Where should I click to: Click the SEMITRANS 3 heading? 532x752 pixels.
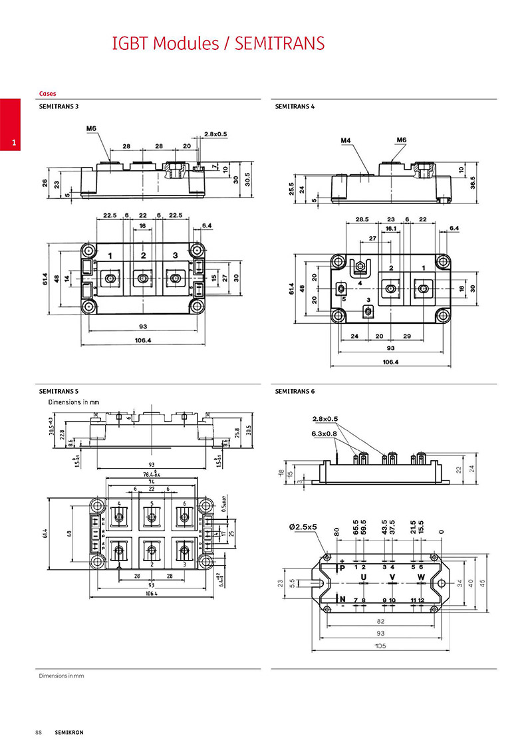coord(59,106)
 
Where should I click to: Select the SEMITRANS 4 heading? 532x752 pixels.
coord(295,106)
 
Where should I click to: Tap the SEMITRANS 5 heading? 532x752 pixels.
coord(59,392)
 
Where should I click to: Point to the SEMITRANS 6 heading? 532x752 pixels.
coord(295,392)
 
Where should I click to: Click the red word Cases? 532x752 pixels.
coord(47,94)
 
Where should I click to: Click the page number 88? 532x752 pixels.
coord(39,732)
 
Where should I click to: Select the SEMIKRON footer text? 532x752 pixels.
coord(69,732)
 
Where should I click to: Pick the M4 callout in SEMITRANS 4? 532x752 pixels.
coord(346,140)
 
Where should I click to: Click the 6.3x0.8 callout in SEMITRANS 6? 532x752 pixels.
coord(324,433)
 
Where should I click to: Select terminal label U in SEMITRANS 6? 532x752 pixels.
coord(363,576)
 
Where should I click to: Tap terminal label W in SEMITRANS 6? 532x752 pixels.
coord(421,576)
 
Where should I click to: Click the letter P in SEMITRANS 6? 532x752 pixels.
coord(342,568)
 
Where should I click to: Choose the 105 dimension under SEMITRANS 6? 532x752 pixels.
coord(380,646)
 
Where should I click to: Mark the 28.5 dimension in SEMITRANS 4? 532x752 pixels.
coord(362,219)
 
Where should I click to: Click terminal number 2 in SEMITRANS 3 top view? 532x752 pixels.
coord(143,255)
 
